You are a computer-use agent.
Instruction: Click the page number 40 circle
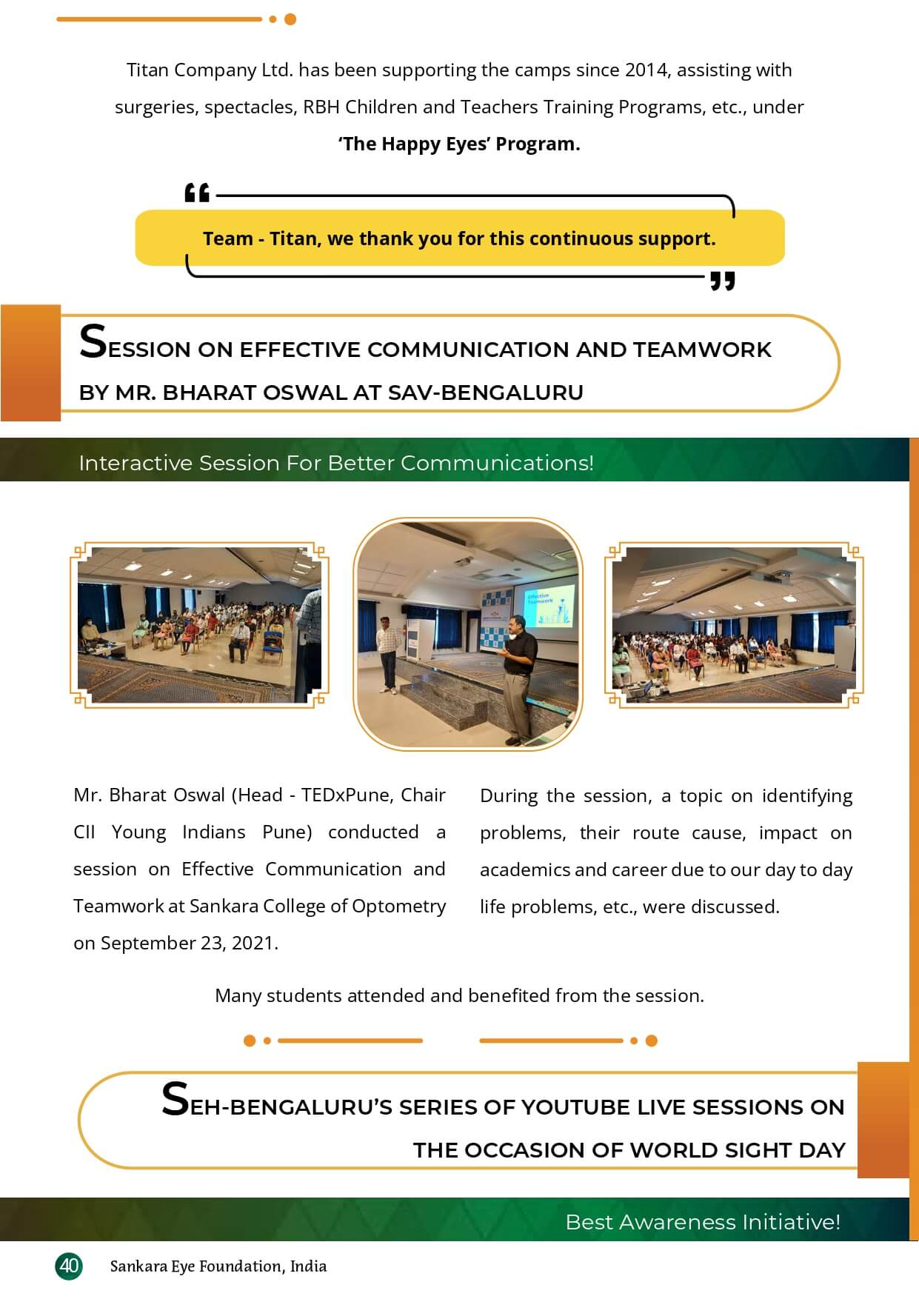pos(69,1266)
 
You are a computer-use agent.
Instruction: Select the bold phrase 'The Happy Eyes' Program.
pos(459,144)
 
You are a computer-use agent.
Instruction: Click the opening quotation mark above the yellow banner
pos(197,193)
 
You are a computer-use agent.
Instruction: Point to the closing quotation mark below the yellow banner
pos(722,281)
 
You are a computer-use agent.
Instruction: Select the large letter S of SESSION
pos(93,342)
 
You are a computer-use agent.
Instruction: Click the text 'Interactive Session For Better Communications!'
pos(336,463)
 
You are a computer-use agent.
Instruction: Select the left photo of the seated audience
pos(199,626)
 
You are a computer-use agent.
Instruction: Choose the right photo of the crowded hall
pos(734,626)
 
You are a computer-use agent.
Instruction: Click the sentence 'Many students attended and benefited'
pos(459,995)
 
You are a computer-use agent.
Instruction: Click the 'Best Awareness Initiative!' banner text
pos(703,1222)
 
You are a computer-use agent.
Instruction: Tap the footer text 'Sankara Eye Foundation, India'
pos(218,1266)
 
